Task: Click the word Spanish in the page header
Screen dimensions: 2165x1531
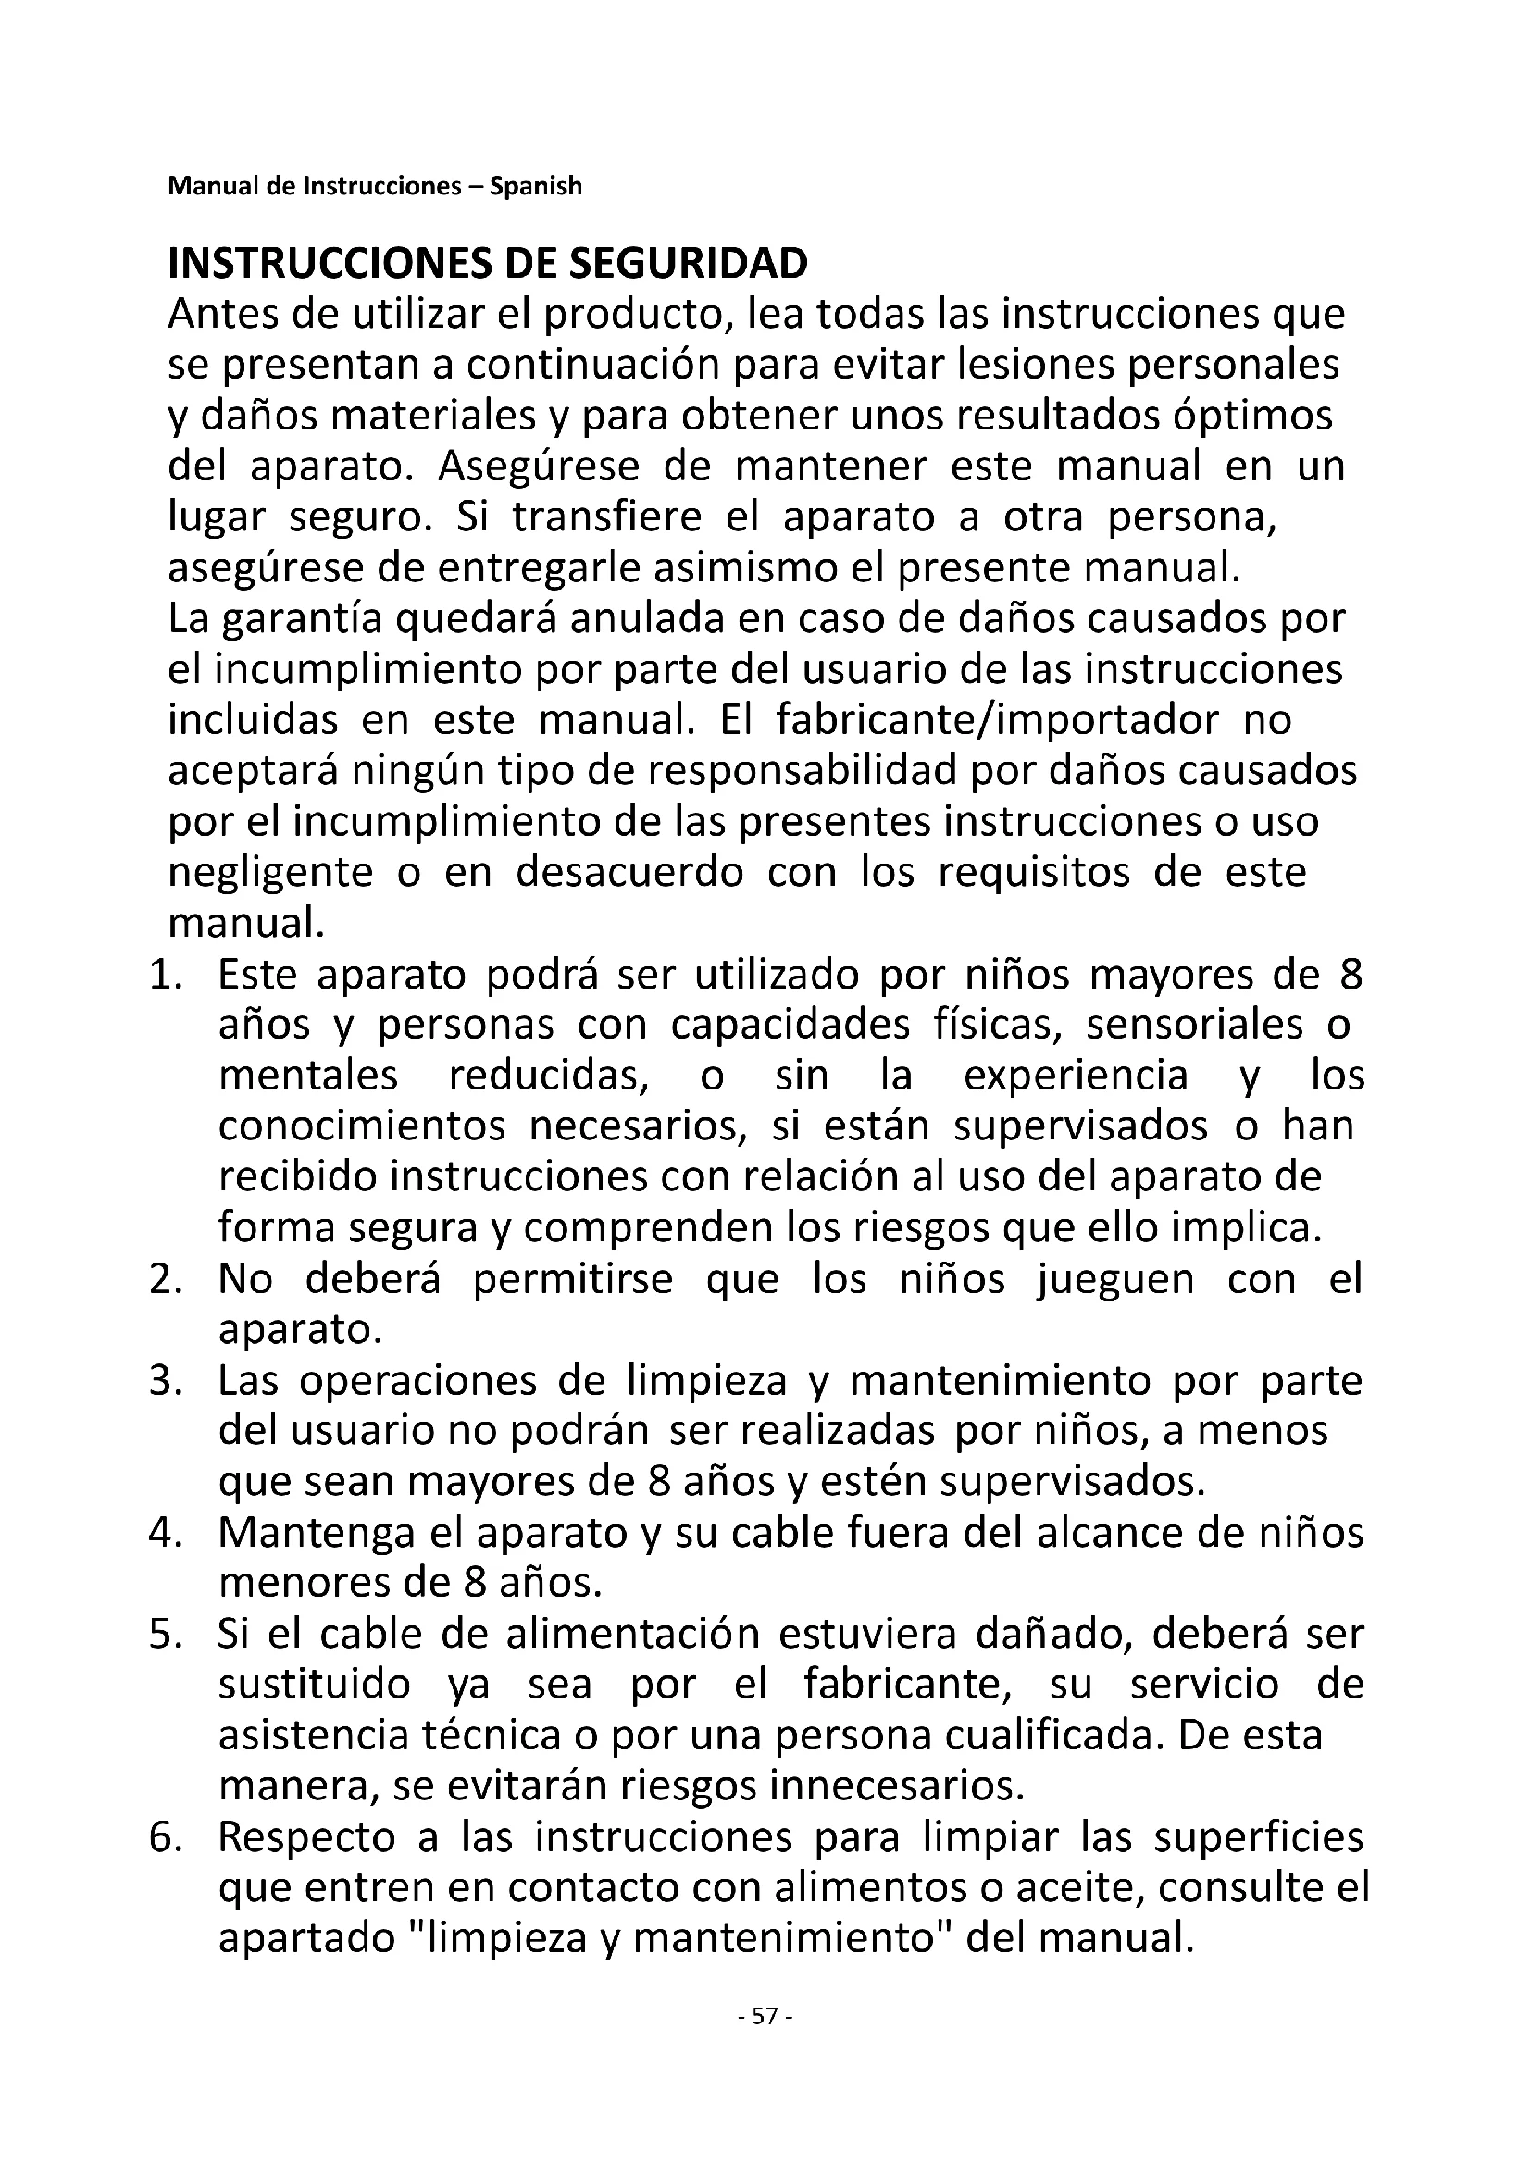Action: (x=535, y=186)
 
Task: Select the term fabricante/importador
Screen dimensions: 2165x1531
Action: (x=999, y=720)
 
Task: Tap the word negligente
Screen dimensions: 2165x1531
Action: (x=270, y=872)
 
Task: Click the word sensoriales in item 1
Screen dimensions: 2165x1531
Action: (x=1195, y=1026)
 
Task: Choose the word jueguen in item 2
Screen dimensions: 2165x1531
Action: (x=1115, y=1279)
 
